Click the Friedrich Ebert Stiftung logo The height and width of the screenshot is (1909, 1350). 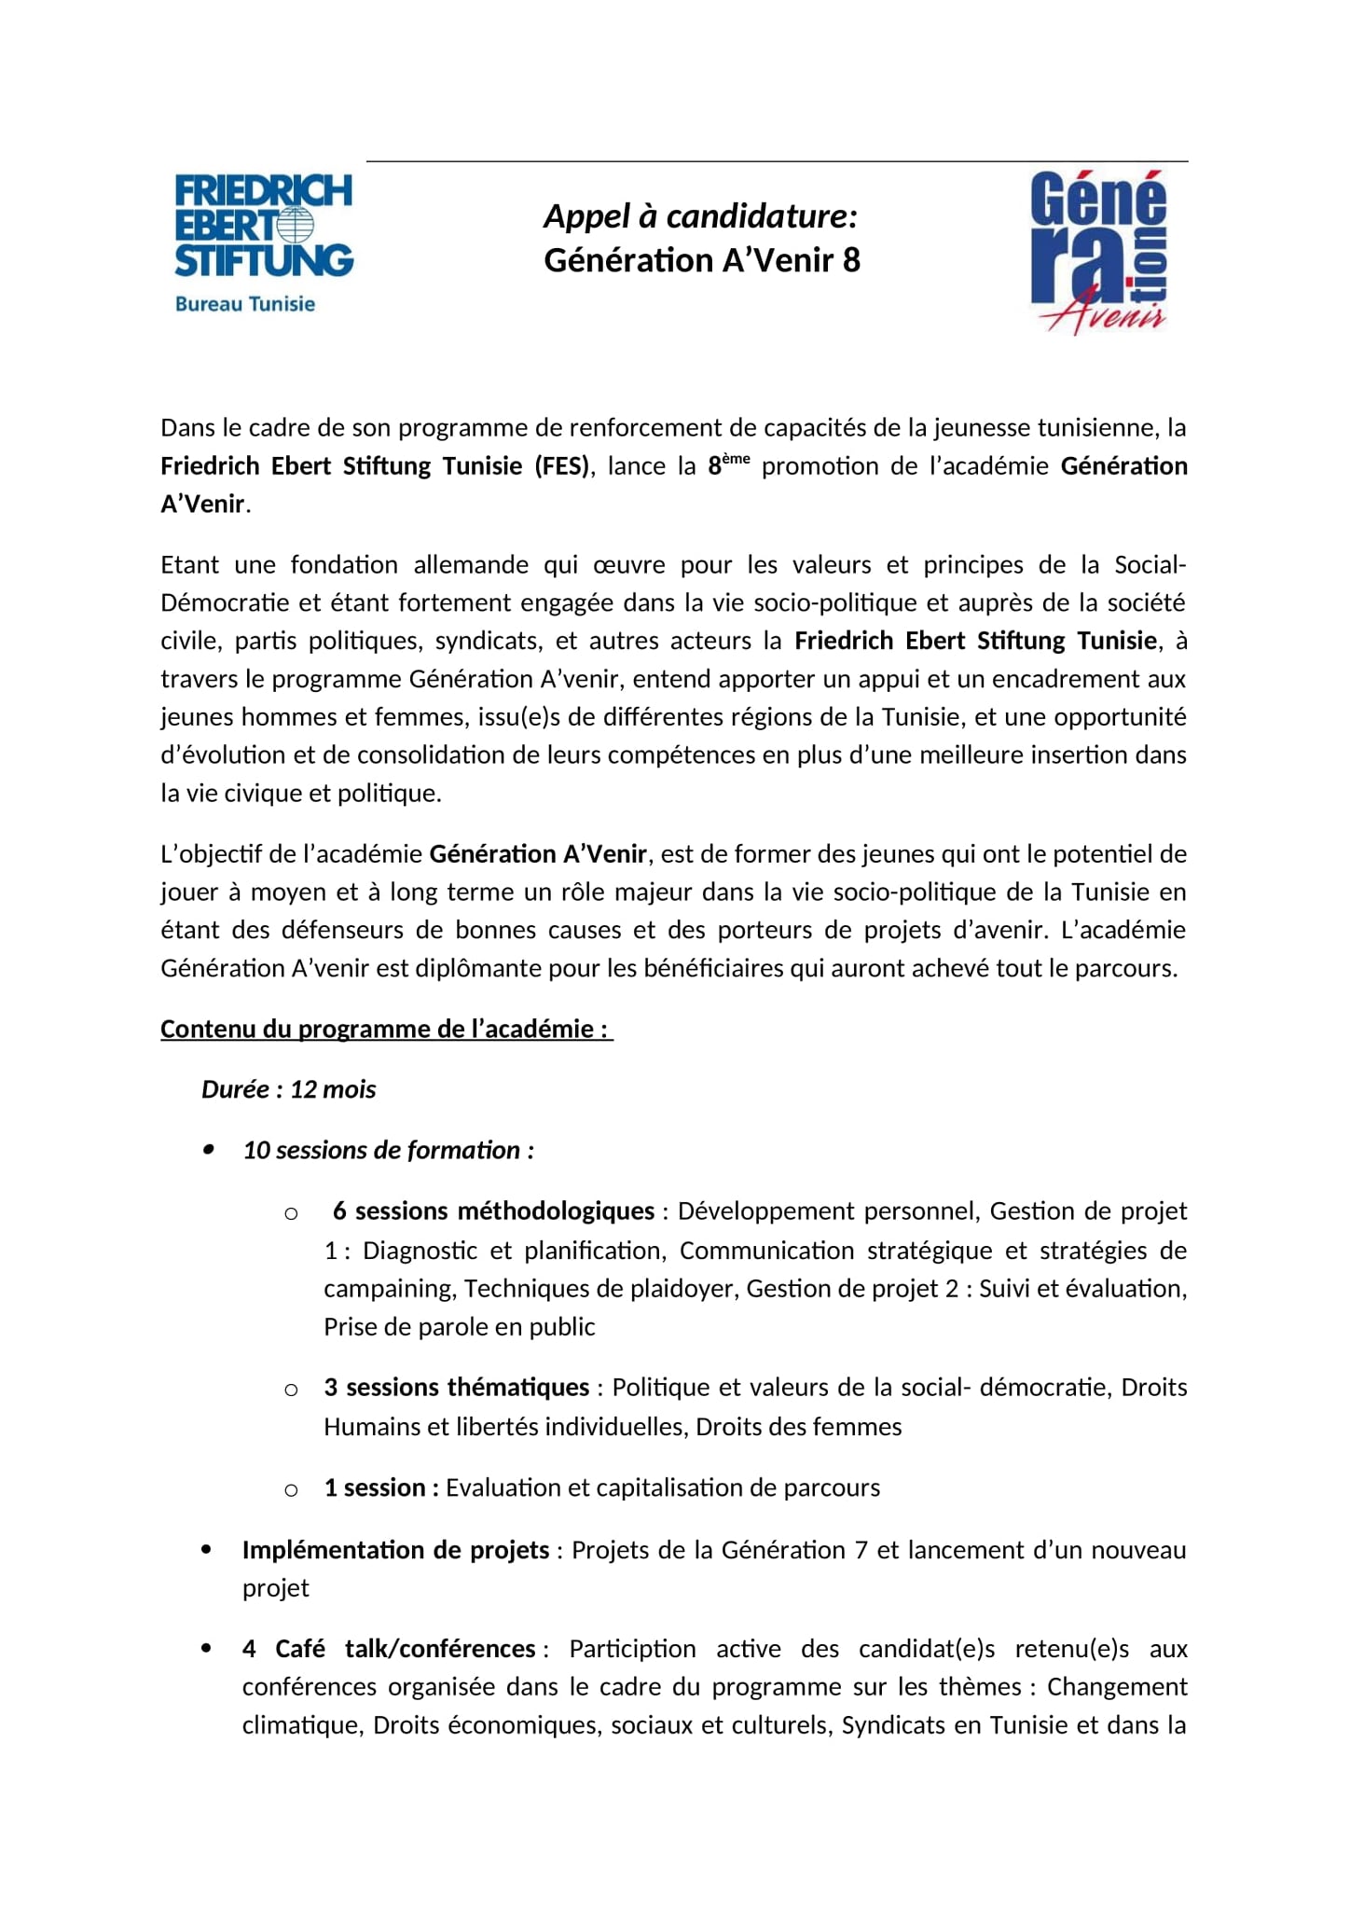(x=264, y=226)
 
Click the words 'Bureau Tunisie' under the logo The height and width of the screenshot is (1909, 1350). (x=245, y=304)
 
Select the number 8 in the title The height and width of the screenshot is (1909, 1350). (x=850, y=260)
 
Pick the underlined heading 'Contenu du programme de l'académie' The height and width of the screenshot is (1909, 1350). (x=386, y=1030)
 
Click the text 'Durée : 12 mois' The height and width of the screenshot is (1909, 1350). (x=289, y=1090)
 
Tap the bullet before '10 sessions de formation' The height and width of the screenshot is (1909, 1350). (x=209, y=1151)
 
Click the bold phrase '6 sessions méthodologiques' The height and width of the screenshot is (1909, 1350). (x=493, y=1211)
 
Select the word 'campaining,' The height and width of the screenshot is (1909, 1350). (x=390, y=1289)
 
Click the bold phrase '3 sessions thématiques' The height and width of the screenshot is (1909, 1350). (x=457, y=1388)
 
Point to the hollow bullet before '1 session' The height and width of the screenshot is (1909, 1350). (x=291, y=1489)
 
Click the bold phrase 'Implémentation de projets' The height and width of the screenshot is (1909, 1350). (x=395, y=1550)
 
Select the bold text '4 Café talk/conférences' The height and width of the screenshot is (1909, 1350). (x=389, y=1649)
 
